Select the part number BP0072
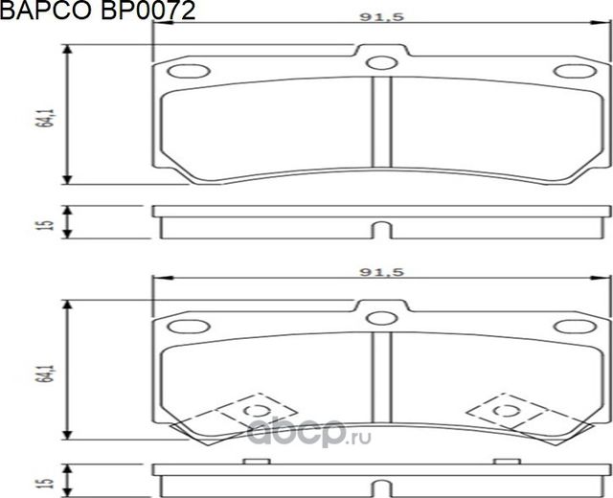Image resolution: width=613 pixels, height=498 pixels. (143, 11)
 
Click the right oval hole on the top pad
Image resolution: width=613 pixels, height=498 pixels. (573, 71)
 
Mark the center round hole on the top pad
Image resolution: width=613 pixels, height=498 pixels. (383, 64)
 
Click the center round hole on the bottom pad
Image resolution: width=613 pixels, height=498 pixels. (383, 317)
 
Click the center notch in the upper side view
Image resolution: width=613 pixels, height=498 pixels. (382, 230)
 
